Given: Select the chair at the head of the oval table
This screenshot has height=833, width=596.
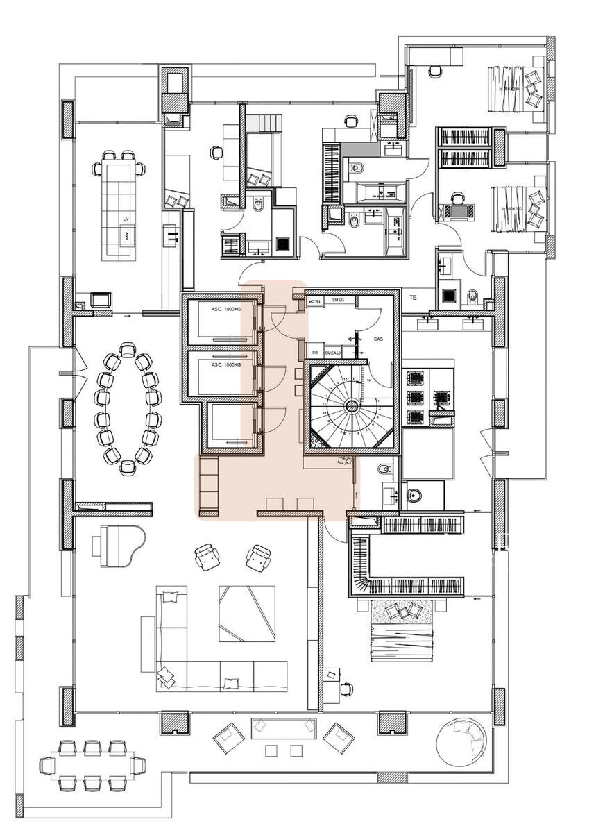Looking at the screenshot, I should pos(127,348).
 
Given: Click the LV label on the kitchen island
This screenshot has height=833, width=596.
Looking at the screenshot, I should pos(126,219).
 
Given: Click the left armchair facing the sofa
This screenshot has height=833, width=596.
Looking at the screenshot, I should pos(207,557).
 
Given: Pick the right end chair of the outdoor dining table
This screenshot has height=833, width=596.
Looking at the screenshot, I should pos(137,765).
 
